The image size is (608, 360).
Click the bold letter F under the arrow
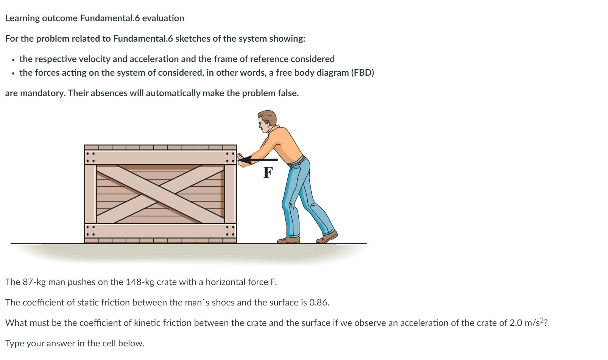[x=268, y=173]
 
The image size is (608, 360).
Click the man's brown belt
[x=298, y=162]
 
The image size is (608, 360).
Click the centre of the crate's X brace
[x=161, y=193]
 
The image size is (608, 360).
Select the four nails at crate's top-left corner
[x=90, y=157]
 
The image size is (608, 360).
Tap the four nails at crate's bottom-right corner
[x=230, y=231]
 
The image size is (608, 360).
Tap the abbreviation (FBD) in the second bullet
[x=362, y=73]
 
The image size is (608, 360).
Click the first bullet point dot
[x=13, y=60]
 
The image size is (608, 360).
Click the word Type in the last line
[x=14, y=343]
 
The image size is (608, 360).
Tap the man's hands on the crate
[x=240, y=158]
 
